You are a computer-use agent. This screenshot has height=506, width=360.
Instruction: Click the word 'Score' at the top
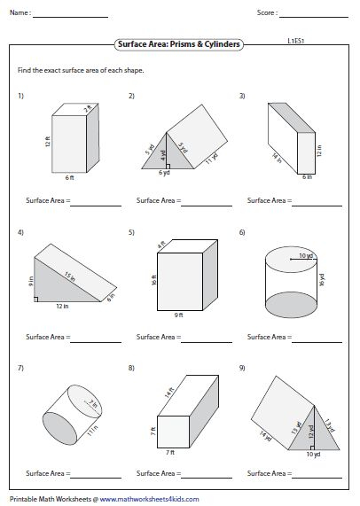[267, 13]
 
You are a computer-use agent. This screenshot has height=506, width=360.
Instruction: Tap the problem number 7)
[20, 367]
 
